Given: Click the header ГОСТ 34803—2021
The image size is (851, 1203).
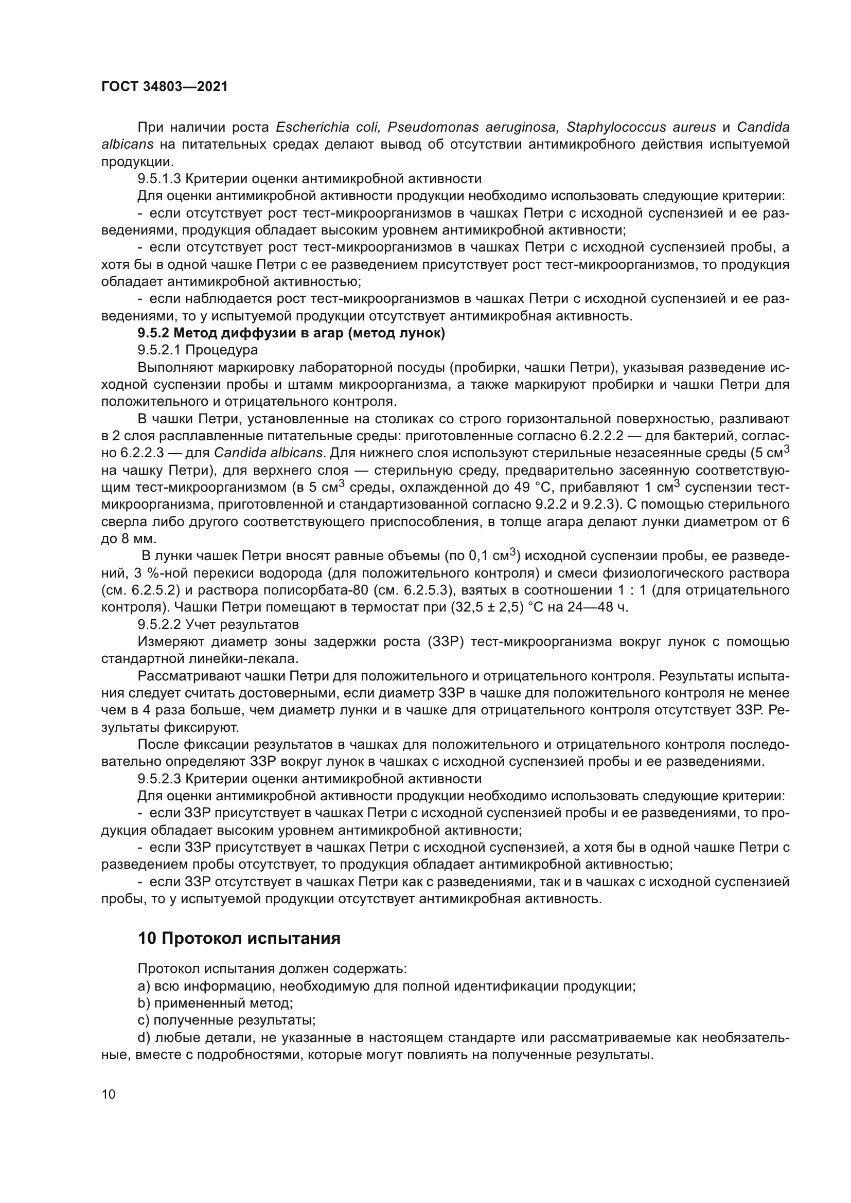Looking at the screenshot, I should coord(165,86).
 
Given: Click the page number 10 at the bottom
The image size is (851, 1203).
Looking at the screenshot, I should coord(109,1094).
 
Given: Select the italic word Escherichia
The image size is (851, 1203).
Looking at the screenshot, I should coord(313,128).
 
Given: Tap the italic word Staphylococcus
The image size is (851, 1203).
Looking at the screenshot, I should coord(616,128).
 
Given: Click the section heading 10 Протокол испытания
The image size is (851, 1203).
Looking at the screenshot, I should coord(239,938).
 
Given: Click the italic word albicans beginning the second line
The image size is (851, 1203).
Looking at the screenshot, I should coord(127,145).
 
